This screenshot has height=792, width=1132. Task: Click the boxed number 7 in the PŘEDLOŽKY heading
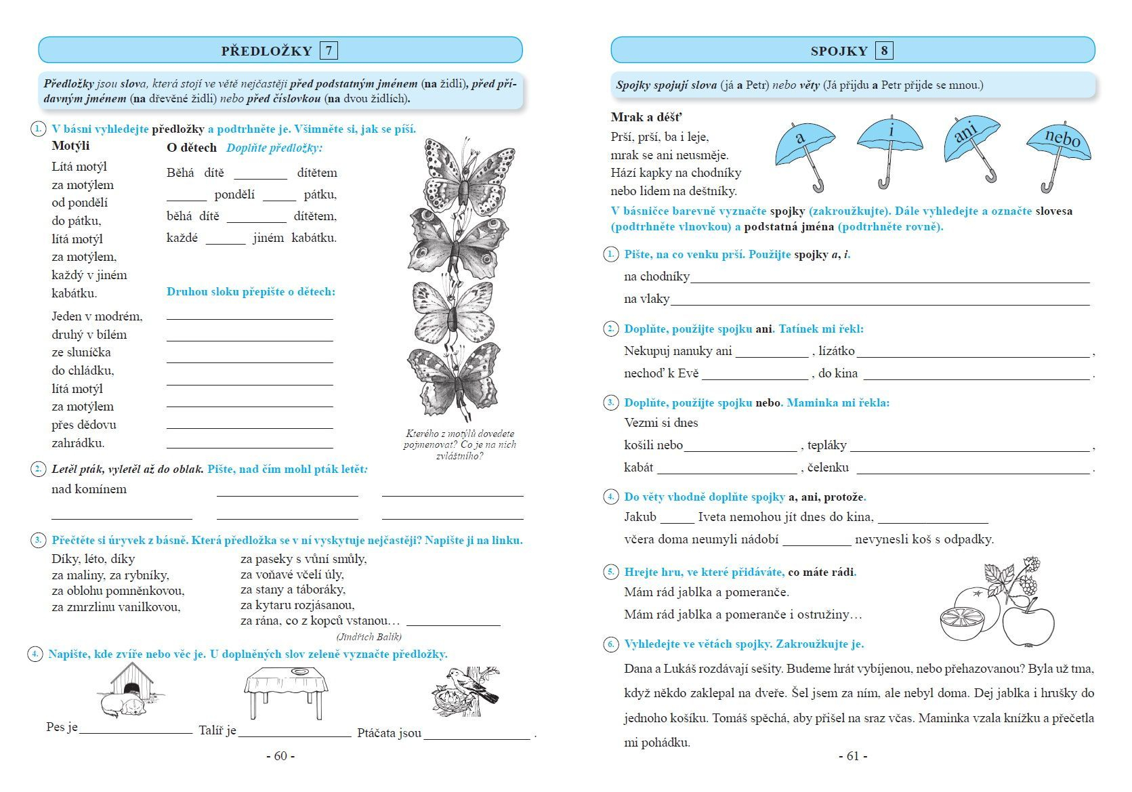[329, 51]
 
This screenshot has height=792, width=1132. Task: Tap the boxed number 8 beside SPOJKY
[883, 51]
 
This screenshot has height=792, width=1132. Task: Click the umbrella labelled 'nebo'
[1058, 145]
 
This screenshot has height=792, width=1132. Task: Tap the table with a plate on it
[286, 689]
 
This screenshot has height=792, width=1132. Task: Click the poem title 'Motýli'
[70, 146]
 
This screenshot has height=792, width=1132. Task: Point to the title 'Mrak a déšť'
[646, 117]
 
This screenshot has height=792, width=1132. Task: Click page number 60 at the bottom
[280, 756]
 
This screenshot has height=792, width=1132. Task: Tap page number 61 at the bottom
[852, 756]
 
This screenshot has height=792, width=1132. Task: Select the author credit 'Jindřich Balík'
[369, 636]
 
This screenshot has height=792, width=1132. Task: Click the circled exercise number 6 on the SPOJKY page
[610, 644]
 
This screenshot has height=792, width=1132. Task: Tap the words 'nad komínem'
[89, 489]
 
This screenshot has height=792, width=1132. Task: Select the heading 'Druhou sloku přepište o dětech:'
[251, 292]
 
